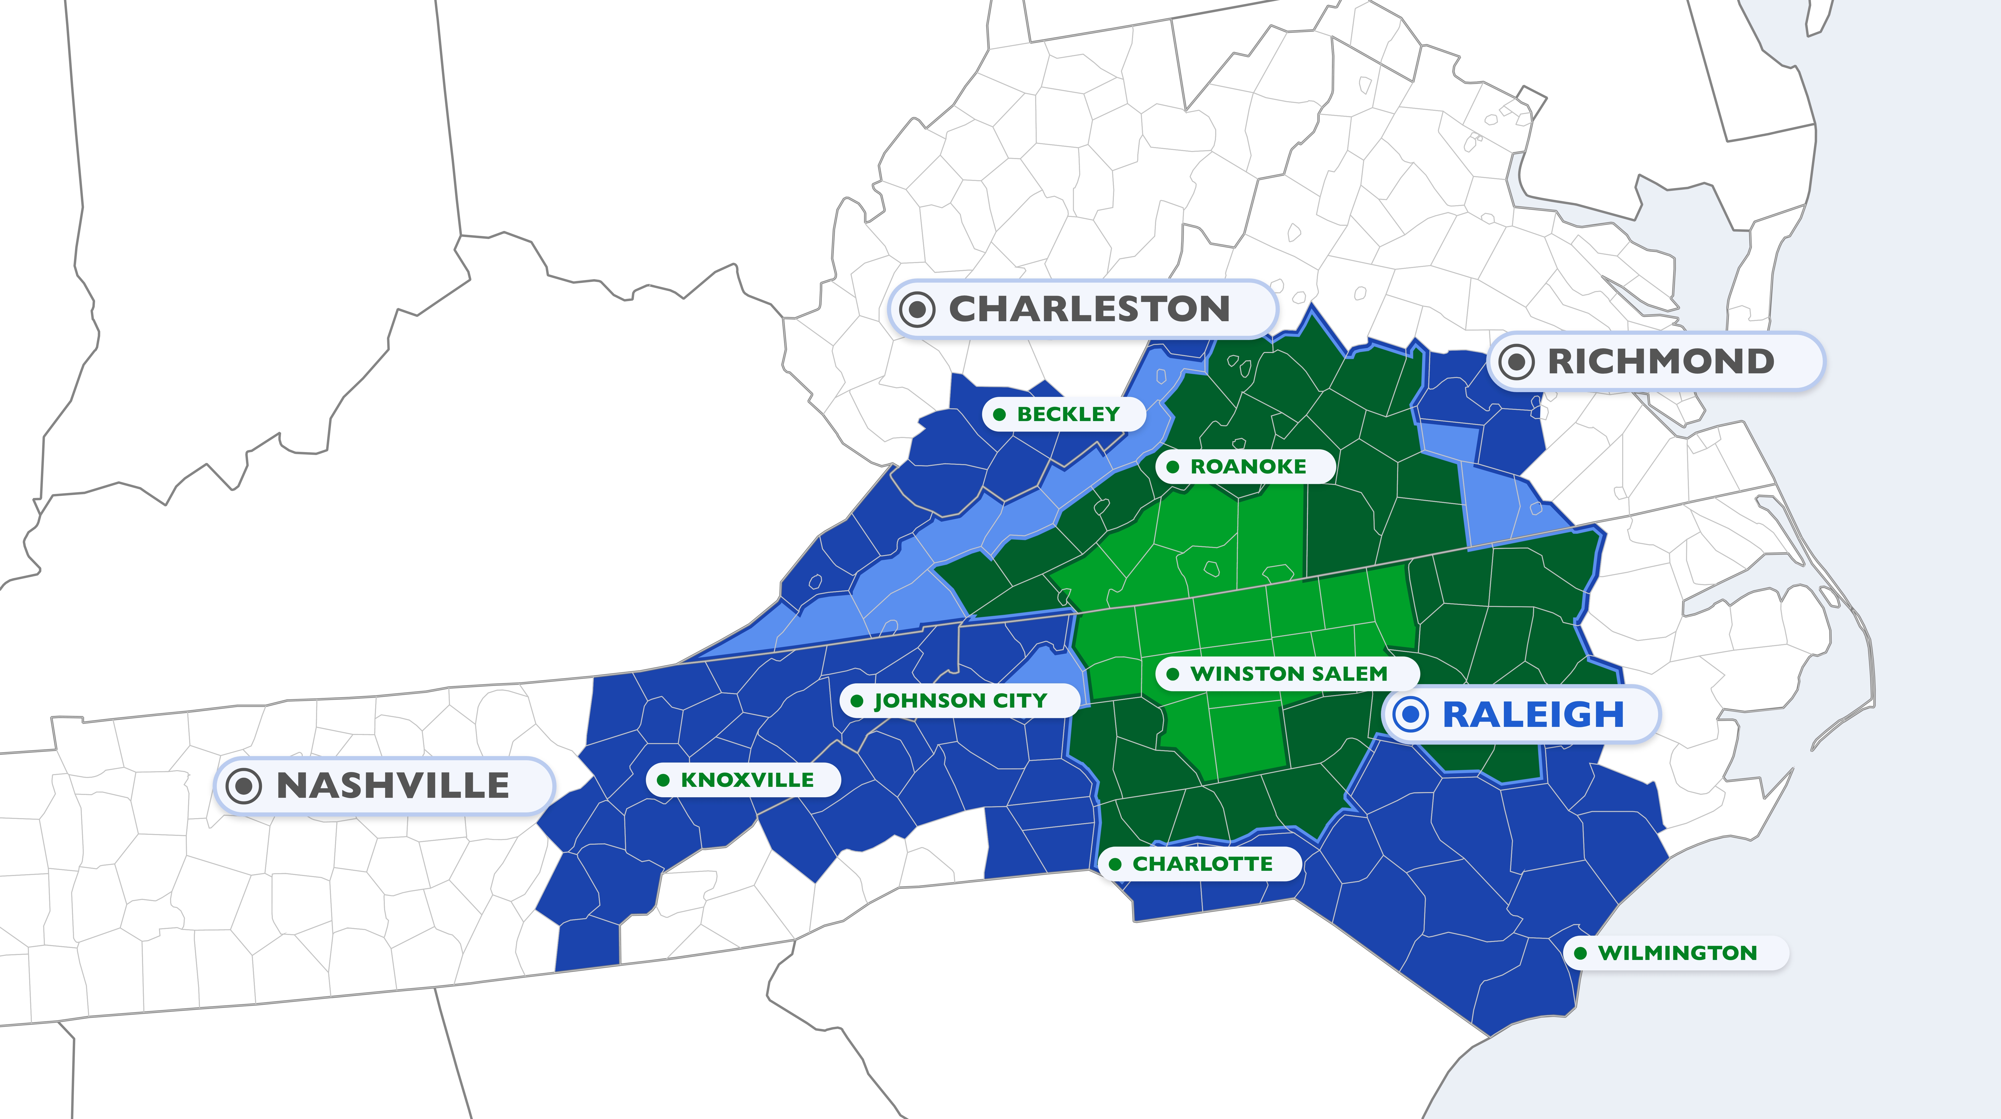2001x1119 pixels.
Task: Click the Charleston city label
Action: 1089,309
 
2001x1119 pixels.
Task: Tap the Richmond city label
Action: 1661,361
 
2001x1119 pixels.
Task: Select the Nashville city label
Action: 392,786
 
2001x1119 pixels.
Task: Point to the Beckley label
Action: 1068,414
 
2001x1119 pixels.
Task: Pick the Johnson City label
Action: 961,701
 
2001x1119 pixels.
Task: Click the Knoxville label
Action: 747,780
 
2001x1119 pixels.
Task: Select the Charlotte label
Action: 1202,864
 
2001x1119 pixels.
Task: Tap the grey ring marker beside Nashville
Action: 243,786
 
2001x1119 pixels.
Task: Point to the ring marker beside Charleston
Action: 917,309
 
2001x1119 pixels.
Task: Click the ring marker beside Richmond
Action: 1516,361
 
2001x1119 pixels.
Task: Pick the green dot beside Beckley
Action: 1000,414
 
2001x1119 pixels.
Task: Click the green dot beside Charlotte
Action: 1115,864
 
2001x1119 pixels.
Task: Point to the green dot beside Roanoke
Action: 1173,467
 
